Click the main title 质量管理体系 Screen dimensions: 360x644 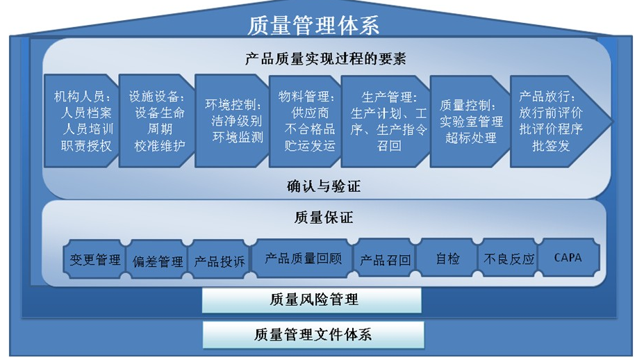[313, 26]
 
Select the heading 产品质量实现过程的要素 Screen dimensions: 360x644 [325, 59]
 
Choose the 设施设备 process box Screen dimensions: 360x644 [156, 121]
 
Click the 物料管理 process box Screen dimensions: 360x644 [306, 121]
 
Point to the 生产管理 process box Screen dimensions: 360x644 [387, 121]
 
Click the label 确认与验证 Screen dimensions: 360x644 [324, 186]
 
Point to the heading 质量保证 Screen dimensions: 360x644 [324, 218]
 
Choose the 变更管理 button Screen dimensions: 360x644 [95, 260]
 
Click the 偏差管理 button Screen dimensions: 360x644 [158, 261]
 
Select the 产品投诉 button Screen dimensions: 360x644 [219, 261]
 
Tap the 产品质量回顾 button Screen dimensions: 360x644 [303, 259]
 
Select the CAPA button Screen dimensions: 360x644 [568, 258]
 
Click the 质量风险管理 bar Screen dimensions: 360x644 [312, 300]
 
